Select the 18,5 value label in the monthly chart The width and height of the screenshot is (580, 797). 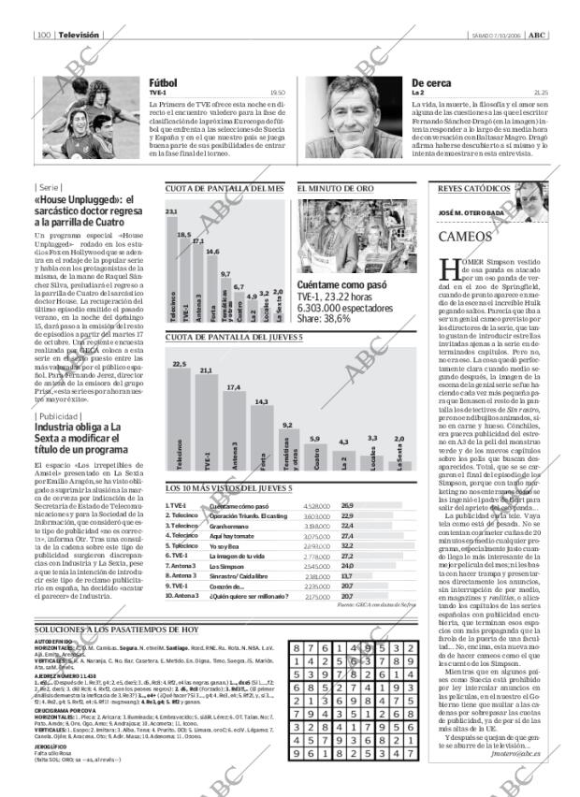[x=184, y=235]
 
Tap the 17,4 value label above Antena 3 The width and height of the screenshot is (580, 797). [x=234, y=386]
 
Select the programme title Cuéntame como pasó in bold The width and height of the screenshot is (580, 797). [x=341, y=284]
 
